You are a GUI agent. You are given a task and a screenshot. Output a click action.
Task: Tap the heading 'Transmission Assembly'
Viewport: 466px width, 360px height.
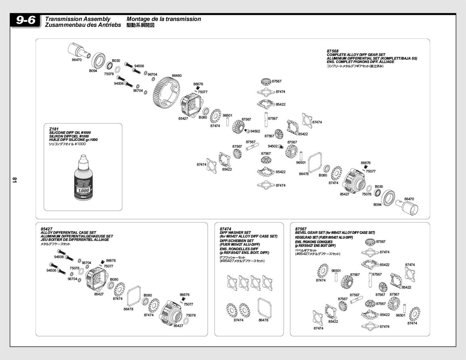click(x=77, y=19)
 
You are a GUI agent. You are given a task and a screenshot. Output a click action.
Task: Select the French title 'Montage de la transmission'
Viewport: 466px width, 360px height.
click(x=163, y=19)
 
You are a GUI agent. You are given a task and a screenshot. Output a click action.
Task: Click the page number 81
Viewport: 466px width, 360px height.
click(x=14, y=180)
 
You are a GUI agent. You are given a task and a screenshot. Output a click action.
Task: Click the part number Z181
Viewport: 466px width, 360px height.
click(x=53, y=129)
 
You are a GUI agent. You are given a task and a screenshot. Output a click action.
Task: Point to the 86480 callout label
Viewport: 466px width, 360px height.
click(x=176, y=75)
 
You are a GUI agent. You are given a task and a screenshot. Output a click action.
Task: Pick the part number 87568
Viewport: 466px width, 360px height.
click(x=332, y=51)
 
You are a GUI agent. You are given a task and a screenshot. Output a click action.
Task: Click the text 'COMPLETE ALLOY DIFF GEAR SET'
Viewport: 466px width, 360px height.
click(x=356, y=55)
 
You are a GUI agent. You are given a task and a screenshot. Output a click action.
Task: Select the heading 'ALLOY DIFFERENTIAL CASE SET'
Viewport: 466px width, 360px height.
click(x=68, y=233)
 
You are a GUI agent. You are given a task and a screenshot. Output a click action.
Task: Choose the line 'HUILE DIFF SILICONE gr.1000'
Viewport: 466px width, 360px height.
click(x=73, y=140)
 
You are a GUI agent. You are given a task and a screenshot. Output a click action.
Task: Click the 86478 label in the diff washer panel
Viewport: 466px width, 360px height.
click(x=263, y=320)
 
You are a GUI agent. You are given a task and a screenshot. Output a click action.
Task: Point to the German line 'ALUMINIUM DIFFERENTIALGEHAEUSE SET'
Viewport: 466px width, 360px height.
click(x=77, y=236)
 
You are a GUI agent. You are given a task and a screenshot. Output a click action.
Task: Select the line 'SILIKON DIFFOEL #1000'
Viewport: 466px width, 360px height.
click(x=69, y=136)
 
